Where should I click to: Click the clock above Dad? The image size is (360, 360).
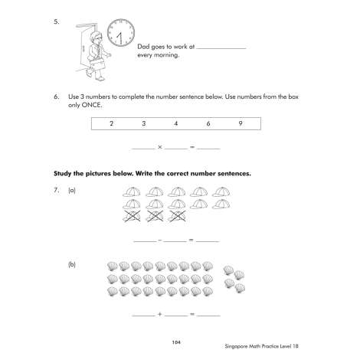coord(121,33)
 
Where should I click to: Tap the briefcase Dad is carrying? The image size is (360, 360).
coord(97,64)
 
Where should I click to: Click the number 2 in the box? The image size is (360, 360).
coord(111,123)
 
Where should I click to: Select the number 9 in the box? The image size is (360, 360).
coord(241,123)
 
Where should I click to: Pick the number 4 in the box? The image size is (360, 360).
coord(176,123)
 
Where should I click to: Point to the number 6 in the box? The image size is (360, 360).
coord(208,123)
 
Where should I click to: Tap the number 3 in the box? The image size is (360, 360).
coord(144,123)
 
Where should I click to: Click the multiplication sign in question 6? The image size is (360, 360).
coord(160,147)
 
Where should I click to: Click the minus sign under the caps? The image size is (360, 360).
coord(160,240)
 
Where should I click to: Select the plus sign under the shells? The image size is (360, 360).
coord(160,314)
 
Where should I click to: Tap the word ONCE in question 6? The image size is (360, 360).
coord(91,105)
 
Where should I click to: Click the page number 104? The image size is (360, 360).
coord(176,342)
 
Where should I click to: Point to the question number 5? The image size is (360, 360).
coord(57,21)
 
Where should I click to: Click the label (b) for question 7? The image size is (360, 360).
coord(72,264)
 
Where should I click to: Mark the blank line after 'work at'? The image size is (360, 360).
coord(221,48)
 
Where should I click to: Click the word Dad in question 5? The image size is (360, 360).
coord(143,47)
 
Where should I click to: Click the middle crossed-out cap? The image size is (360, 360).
coord(155,216)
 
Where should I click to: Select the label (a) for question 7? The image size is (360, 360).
coord(72,191)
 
